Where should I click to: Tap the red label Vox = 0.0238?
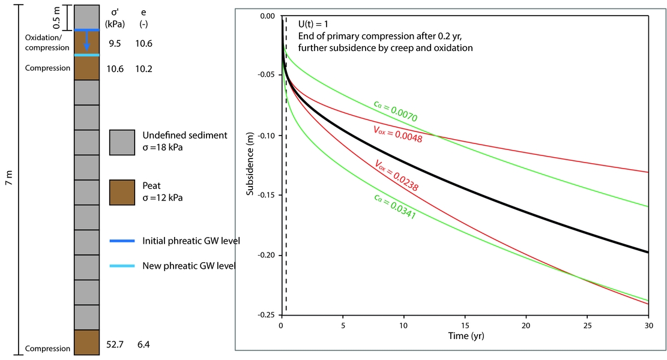tap(396, 176)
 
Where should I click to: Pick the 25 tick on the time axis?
tap(587, 325)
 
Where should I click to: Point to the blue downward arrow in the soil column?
tap(87, 42)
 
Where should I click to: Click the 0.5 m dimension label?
tap(56, 17)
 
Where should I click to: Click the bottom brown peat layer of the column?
tap(87, 342)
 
